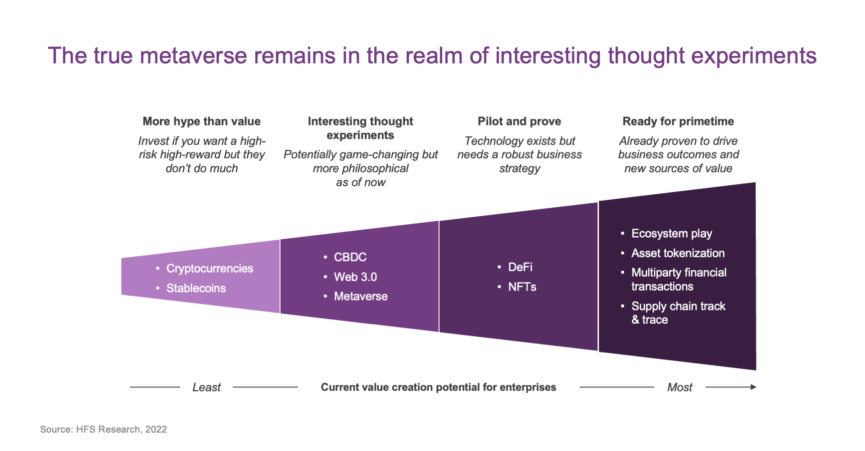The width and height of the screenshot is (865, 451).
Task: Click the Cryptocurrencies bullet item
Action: [210, 268]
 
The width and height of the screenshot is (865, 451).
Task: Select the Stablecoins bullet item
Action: [196, 288]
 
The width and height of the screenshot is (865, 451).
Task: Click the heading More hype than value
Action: [202, 121]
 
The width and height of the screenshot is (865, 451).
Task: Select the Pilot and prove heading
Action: [519, 121]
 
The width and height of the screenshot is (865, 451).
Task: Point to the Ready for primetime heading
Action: [678, 121]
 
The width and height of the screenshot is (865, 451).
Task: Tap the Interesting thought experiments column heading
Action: [360, 128]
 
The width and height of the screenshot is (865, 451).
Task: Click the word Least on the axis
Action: [206, 387]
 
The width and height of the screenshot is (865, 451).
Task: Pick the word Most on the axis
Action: [679, 387]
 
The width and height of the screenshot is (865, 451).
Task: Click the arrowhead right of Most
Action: [753, 387]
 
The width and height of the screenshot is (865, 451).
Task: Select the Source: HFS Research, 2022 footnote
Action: [104, 429]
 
